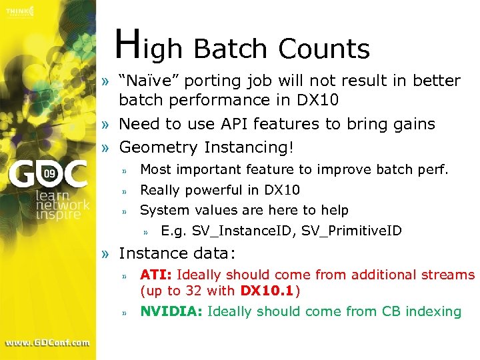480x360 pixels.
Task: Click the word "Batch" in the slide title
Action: coord(231,49)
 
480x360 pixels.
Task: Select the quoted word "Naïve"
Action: coord(149,81)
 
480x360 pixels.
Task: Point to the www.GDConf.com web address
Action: coord(47,343)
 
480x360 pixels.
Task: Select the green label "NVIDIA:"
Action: coord(172,311)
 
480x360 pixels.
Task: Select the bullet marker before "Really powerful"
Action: coord(124,191)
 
